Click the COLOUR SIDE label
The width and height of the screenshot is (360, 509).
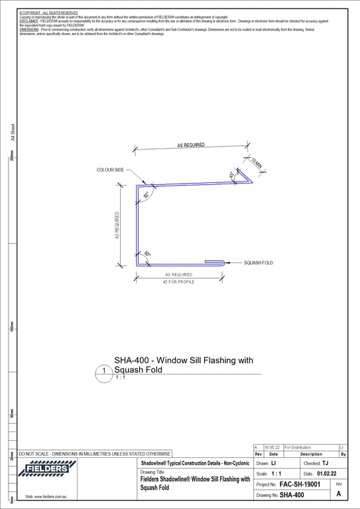(x=111, y=170)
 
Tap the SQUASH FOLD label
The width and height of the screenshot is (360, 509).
(x=259, y=262)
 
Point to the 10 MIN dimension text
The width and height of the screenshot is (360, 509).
(x=258, y=163)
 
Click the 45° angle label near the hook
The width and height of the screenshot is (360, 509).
(x=231, y=176)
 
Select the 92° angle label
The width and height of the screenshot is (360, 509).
(x=145, y=195)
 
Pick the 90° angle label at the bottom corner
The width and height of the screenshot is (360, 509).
(x=147, y=254)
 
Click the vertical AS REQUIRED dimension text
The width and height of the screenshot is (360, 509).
(x=117, y=225)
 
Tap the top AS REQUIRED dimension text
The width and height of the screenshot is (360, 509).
(x=191, y=144)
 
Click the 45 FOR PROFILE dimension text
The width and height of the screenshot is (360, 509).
(x=178, y=282)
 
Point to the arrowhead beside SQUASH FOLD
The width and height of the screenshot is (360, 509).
(x=228, y=262)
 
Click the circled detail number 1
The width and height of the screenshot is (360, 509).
(x=104, y=371)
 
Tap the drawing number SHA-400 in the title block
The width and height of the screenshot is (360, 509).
(x=292, y=495)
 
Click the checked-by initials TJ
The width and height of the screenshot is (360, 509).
(x=325, y=463)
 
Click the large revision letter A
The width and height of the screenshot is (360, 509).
(x=339, y=494)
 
